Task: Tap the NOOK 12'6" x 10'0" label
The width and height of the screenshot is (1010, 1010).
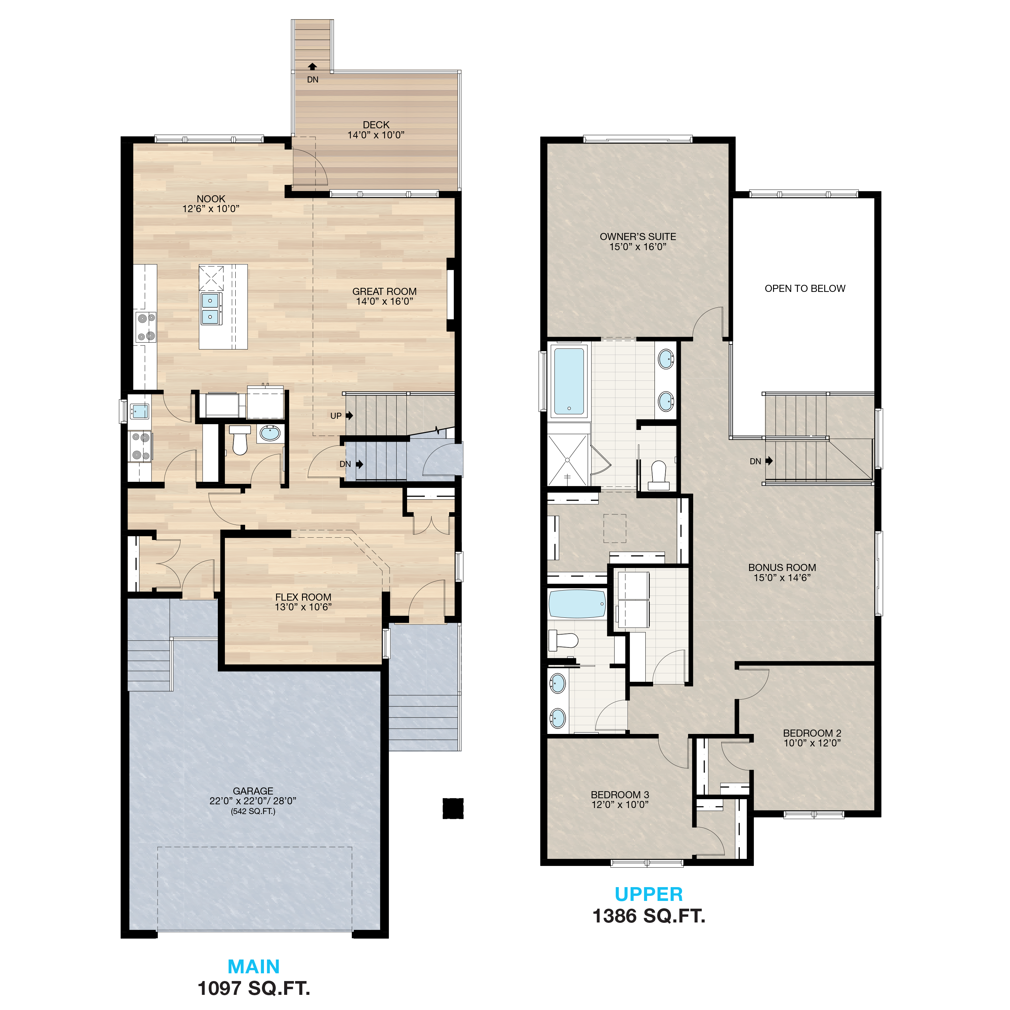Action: pyautogui.click(x=211, y=203)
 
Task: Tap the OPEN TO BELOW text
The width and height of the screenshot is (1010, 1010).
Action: pyautogui.click(x=805, y=289)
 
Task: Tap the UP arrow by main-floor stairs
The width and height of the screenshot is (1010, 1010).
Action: pyautogui.click(x=349, y=415)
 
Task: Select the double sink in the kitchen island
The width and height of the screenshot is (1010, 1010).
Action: pyautogui.click(x=210, y=308)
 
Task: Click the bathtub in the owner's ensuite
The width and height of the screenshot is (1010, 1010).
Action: pyautogui.click(x=568, y=380)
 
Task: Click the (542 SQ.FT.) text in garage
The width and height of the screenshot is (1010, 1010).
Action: pyautogui.click(x=253, y=811)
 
